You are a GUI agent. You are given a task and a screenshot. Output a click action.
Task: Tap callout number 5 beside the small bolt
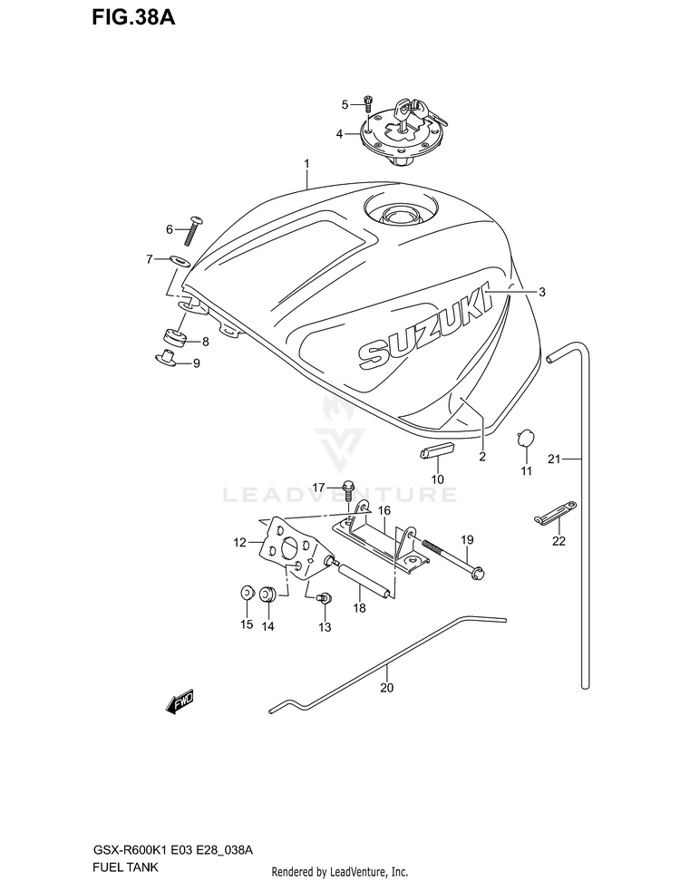[345, 104]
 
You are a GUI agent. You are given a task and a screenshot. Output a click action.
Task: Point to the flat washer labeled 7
[179, 261]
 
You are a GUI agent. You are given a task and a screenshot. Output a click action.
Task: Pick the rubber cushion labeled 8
[174, 339]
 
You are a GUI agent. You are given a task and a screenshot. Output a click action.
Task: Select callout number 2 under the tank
[482, 456]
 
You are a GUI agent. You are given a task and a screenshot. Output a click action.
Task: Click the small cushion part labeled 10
[437, 450]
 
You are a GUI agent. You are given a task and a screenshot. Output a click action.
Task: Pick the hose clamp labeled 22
[554, 516]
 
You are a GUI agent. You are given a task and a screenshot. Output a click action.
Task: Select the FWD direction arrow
[180, 702]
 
